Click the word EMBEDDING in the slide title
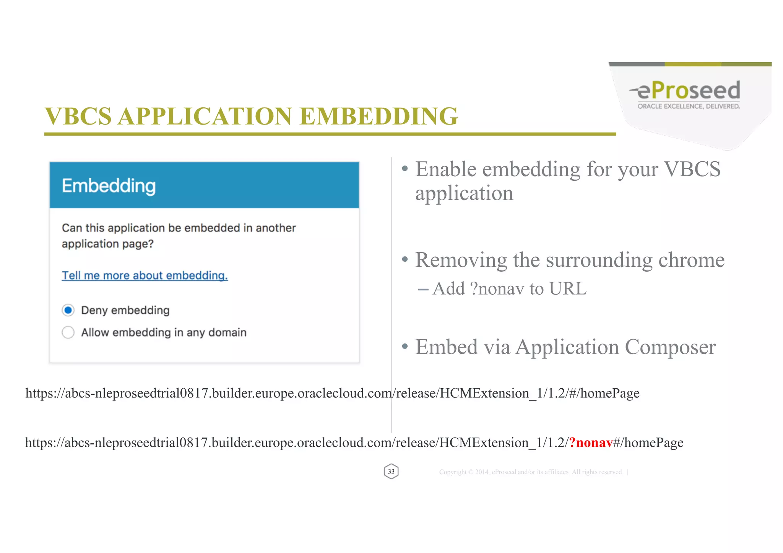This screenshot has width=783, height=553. (379, 116)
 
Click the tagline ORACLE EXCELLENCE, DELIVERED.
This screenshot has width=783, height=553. (688, 106)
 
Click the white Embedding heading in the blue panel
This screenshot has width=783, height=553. (109, 186)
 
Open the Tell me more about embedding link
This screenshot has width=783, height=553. (145, 276)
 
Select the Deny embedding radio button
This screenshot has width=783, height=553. (68, 310)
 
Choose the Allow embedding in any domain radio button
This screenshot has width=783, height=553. (68, 332)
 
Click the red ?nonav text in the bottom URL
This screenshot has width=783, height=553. (591, 443)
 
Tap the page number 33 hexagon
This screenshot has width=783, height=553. (391, 472)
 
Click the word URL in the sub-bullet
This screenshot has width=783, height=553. (567, 289)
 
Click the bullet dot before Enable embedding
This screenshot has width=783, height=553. (405, 169)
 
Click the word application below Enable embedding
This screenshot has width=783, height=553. (464, 193)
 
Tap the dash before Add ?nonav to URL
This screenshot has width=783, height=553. (423, 290)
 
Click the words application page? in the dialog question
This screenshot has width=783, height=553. (107, 244)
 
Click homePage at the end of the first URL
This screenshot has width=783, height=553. (610, 393)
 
